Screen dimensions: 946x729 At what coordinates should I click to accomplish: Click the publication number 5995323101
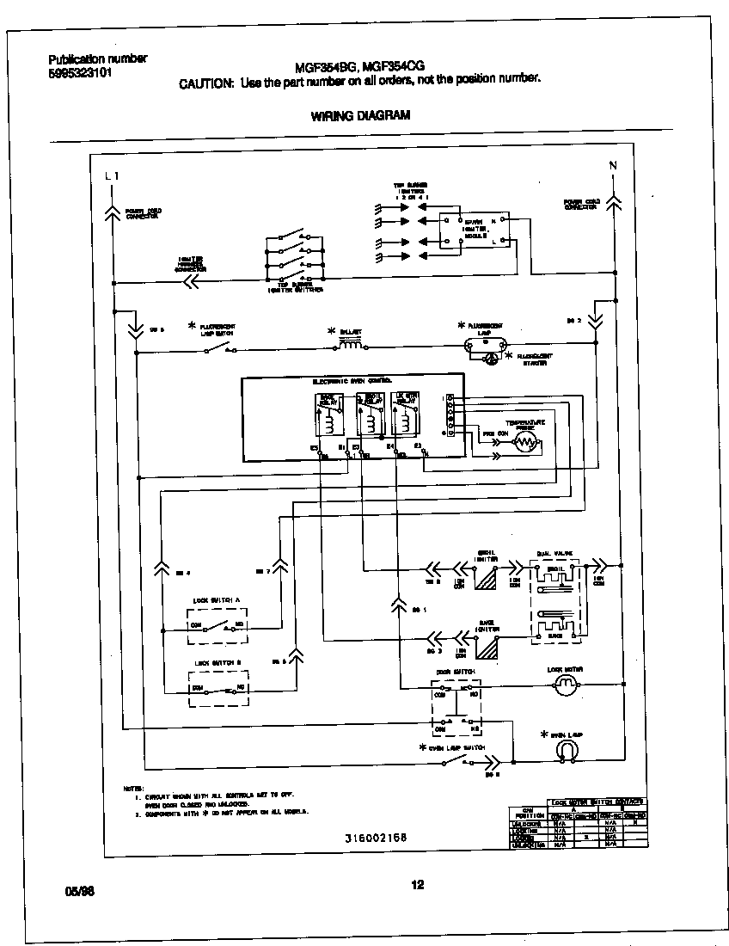79,72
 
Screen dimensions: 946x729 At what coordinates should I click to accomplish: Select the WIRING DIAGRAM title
360,114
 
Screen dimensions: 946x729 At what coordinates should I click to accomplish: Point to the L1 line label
111,175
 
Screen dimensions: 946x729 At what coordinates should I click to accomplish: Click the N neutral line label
613,165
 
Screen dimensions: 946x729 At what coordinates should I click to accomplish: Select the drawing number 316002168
376,837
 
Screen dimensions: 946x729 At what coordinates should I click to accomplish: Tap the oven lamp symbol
566,750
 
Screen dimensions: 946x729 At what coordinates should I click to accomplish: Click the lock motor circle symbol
566,685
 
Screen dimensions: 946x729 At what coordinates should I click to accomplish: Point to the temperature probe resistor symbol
522,442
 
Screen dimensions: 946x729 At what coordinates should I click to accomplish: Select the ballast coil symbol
349,346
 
